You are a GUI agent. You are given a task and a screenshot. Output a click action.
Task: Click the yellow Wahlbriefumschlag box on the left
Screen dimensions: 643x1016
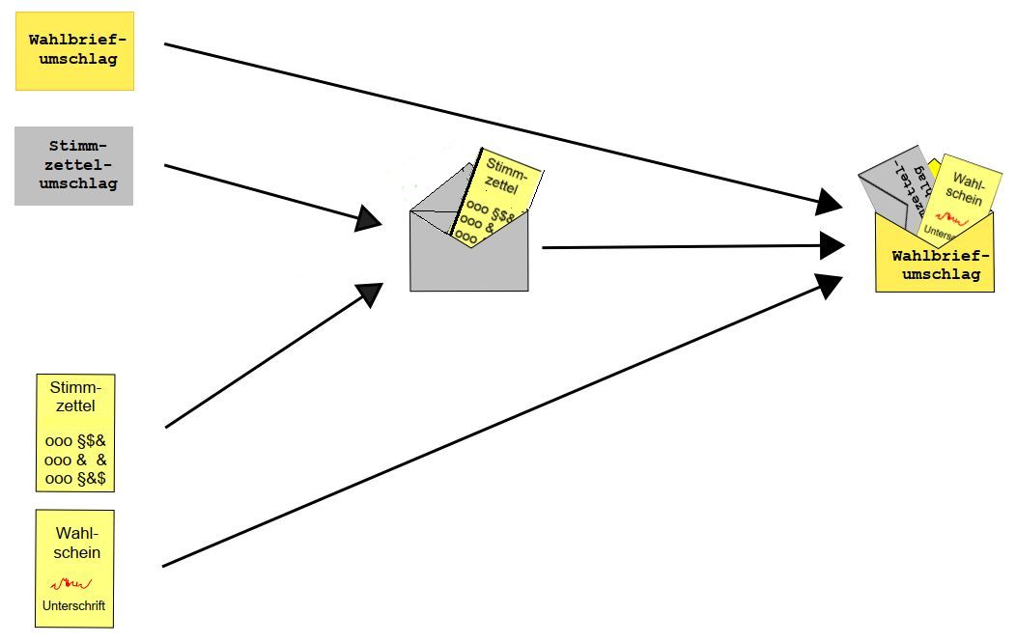[x=74, y=50]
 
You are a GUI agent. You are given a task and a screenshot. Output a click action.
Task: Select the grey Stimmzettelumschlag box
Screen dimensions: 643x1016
[x=73, y=165]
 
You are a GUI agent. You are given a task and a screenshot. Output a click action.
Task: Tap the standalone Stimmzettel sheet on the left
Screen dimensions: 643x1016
[x=75, y=433]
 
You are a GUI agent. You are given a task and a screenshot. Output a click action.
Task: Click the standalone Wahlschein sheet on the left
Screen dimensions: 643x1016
[x=75, y=568]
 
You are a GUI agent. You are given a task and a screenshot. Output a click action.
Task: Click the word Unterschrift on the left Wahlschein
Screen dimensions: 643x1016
[x=73, y=606]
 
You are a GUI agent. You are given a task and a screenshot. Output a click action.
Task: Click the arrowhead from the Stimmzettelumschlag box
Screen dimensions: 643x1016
[x=369, y=219]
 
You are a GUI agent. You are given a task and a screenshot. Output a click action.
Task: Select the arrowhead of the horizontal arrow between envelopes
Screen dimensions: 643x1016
[x=833, y=245]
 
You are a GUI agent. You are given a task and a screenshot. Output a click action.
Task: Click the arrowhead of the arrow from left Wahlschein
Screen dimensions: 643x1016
[x=829, y=283]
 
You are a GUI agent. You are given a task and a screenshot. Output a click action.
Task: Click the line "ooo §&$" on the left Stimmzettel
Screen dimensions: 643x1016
[x=75, y=478]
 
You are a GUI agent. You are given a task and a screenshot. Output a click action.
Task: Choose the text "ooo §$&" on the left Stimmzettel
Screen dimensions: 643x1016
[x=75, y=441]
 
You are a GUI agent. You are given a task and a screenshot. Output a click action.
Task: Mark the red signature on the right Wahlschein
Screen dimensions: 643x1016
[x=946, y=219]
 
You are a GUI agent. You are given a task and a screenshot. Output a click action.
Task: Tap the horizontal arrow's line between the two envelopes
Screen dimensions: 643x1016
[x=676, y=247]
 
